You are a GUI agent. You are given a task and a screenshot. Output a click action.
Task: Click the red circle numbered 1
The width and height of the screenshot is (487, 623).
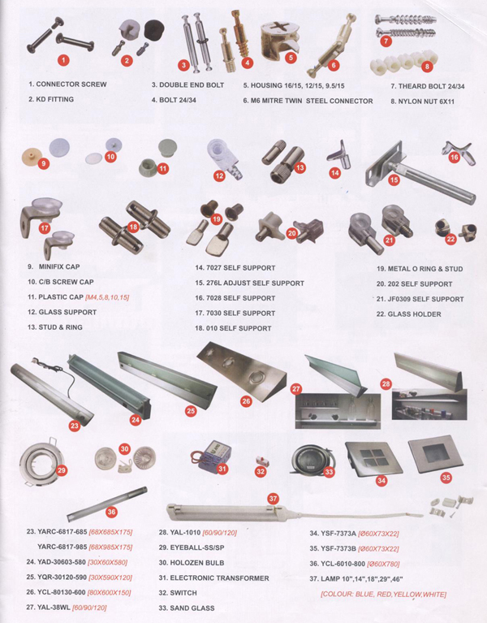coord(63,60)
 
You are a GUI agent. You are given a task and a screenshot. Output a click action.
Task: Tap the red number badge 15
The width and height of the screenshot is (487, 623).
coord(394,180)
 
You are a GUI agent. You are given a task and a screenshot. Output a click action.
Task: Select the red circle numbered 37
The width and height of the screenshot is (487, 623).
coord(273,498)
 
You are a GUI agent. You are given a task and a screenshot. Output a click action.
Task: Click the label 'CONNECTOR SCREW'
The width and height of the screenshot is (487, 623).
coord(71,84)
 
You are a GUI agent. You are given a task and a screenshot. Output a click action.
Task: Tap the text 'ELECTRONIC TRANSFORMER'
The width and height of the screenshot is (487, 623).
coord(219,578)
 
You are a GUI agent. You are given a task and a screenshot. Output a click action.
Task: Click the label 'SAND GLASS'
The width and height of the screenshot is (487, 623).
coord(192,608)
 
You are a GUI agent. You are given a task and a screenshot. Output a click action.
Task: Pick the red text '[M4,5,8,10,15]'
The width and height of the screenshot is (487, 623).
coord(107,297)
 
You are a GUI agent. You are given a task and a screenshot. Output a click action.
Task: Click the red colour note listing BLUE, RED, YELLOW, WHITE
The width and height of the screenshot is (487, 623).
coord(383,595)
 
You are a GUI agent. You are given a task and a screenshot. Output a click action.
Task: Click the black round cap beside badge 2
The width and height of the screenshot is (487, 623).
coord(154,30)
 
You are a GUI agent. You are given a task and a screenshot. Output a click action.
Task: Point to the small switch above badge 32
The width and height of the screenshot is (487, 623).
coord(260,460)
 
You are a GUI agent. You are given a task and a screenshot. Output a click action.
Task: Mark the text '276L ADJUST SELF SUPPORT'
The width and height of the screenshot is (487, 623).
coord(255,283)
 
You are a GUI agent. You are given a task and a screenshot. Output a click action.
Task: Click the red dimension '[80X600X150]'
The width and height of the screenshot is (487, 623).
coord(109,593)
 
